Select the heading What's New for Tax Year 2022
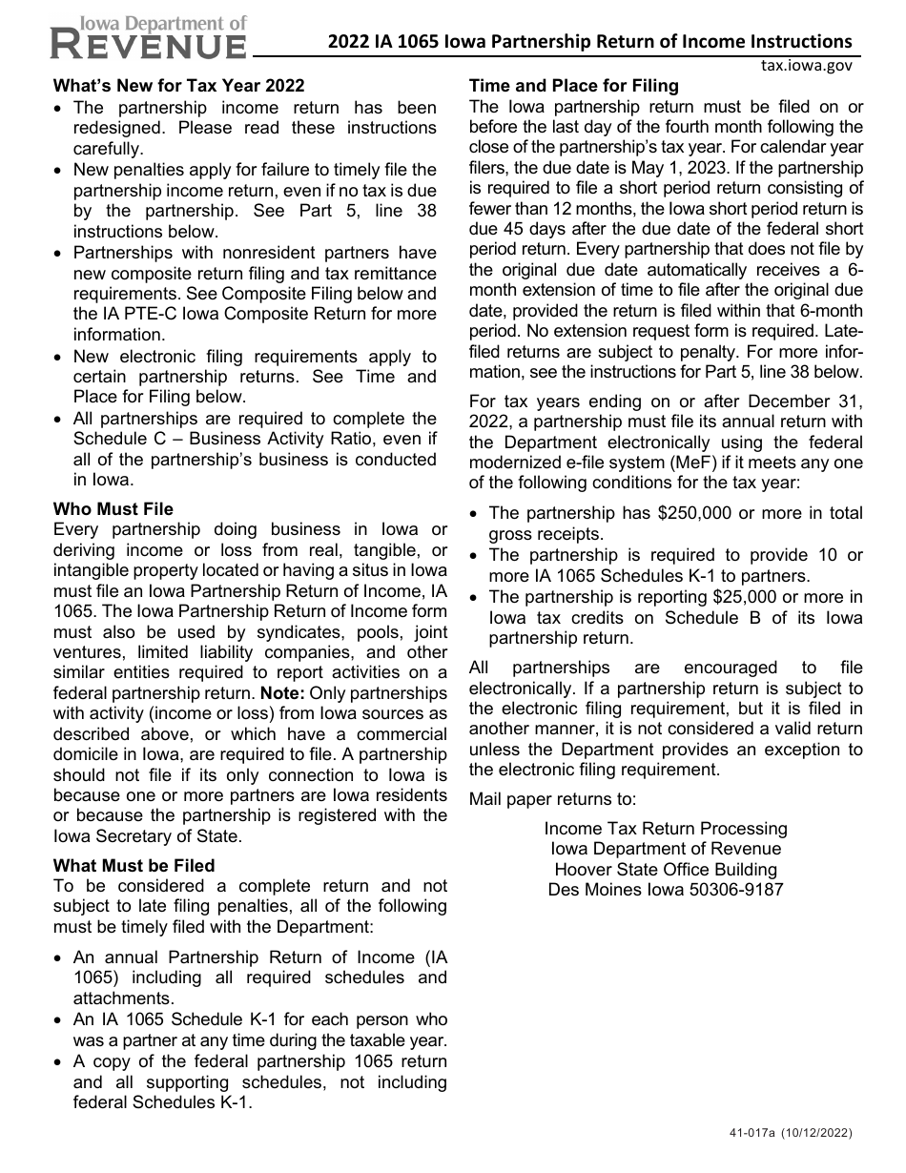[x=179, y=86]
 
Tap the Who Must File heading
[x=113, y=509]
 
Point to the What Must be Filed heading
[x=134, y=866]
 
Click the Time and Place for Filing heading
[x=574, y=86]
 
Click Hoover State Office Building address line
[x=666, y=870]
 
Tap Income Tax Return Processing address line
[x=666, y=828]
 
